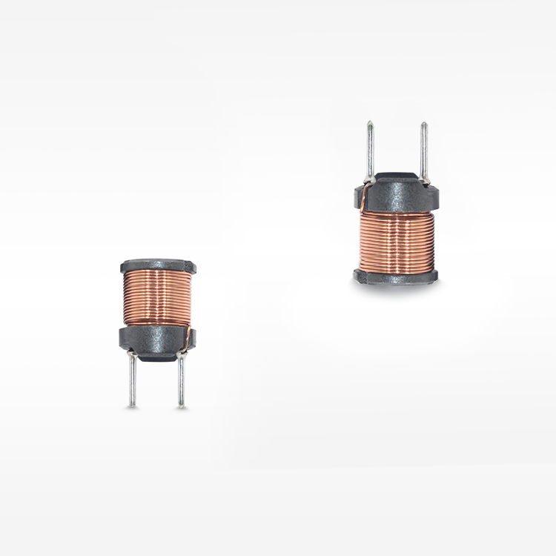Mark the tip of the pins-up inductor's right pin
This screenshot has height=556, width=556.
coord(424,124)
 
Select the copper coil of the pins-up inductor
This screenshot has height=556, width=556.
coord(397,241)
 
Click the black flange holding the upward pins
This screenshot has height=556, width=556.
coord(397,194)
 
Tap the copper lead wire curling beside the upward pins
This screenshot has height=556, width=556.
coord(363,194)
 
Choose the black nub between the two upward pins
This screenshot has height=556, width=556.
coord(397,177)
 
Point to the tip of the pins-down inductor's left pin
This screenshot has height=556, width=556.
coord(132,405)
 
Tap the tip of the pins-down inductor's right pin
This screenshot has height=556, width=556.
coord(182,406)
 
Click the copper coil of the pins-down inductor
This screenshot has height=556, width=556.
coord(157,297)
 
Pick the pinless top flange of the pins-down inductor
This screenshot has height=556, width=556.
coord(157,265)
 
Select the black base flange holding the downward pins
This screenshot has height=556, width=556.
coord(156,337)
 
